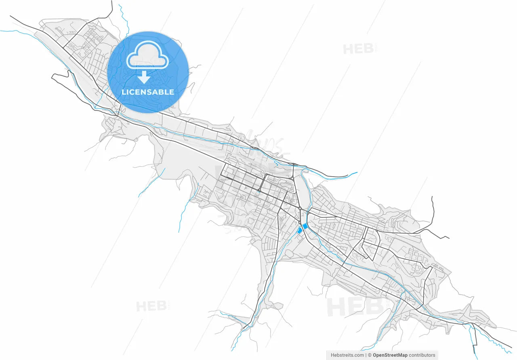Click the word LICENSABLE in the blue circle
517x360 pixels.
coord(148,92)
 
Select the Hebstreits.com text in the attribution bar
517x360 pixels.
coord(347,355)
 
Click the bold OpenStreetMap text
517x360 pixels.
coord(390,355)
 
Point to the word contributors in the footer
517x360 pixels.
coord(422,355)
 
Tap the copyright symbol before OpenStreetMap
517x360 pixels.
coord(370,355)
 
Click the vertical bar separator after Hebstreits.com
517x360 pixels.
coord(366,355)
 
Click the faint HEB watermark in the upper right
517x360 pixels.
coord(357,49)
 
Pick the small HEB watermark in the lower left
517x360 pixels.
coord(151,306)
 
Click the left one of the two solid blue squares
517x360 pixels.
coord(300,230)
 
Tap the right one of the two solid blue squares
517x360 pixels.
coord(305,227)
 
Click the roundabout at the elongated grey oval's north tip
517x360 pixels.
coord(292,178)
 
